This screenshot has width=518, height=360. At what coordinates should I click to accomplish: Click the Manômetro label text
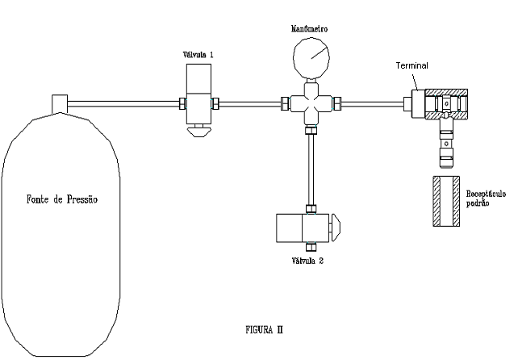click(309, 29)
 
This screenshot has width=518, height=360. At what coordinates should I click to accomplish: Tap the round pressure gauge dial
click(311, 58)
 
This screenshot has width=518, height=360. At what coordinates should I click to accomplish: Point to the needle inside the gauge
click(320, 53)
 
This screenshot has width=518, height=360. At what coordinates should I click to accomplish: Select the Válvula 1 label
click(198, 55)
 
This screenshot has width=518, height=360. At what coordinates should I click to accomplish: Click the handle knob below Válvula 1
click(198, 132)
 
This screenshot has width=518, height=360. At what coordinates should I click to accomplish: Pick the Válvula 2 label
click(307, 261)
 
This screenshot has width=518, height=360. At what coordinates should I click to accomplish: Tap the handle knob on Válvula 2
click(336, 228)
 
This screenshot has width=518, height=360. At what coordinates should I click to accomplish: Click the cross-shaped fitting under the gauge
click(311, 104)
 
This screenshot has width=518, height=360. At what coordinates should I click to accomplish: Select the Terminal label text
click(411, 66)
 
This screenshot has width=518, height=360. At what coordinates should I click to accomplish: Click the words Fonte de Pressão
click(62, 199)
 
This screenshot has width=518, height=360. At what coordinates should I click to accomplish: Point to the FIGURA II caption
click(264, 329)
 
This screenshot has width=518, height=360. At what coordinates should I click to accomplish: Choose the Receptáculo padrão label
click(486, 198)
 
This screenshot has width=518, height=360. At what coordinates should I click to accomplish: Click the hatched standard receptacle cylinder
click(446, 201)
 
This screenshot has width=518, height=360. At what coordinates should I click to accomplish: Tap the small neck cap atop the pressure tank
click(60, 103)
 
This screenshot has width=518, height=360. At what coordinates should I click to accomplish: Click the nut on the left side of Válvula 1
click(182, 103)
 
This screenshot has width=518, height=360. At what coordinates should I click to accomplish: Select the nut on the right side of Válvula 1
click(215, 103)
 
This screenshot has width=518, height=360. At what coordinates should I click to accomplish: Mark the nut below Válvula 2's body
click(311, 247)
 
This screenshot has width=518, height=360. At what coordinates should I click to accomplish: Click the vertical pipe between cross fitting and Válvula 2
click(311, 170)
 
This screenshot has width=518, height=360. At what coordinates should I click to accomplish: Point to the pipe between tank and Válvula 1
click(123, 104)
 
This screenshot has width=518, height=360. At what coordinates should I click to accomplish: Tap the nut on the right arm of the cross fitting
click(336, 103)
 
